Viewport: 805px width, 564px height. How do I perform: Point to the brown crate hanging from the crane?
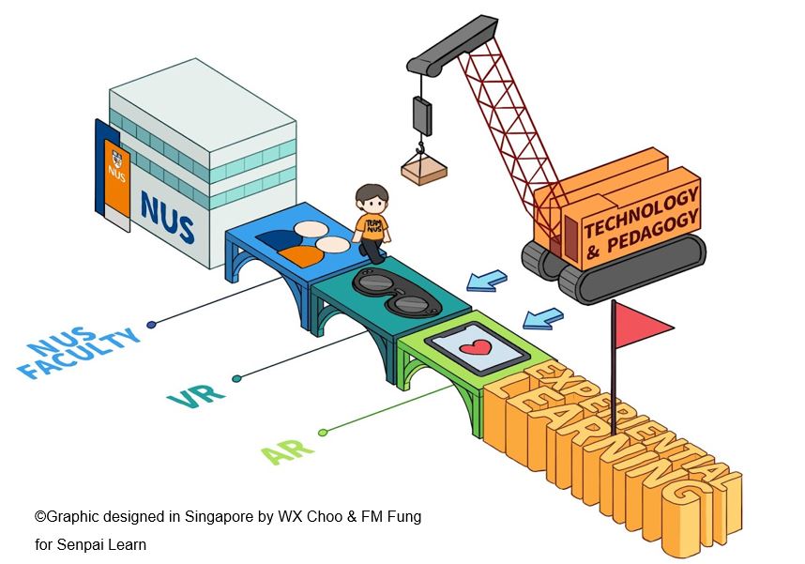click(x=424, y=172)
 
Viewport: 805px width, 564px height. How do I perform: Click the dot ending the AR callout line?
click(x=323, y=433)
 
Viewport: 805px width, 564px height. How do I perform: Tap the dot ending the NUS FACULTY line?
click(x=152, y=325)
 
